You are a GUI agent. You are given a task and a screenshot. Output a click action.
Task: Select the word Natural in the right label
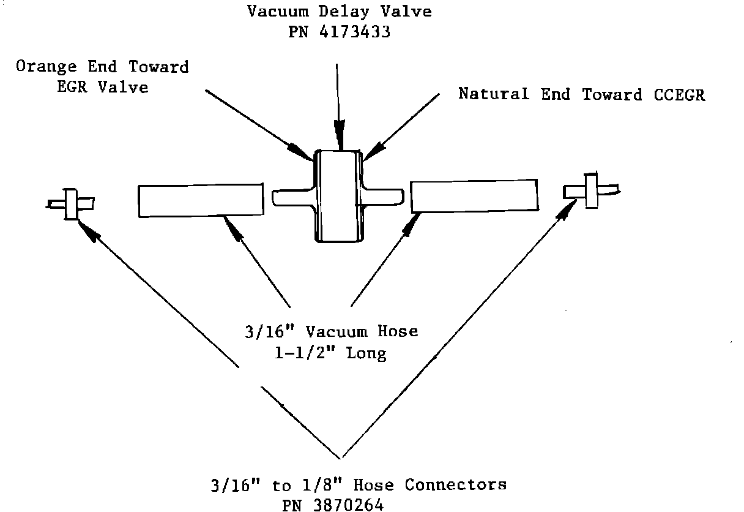(494, 94)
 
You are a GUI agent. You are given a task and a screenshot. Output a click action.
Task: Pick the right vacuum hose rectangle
(475, 196)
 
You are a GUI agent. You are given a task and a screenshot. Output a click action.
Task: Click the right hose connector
(590, 189)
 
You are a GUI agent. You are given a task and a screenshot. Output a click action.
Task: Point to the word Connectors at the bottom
(455, 485)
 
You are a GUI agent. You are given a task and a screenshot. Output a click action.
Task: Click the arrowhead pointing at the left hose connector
(87, 230)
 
